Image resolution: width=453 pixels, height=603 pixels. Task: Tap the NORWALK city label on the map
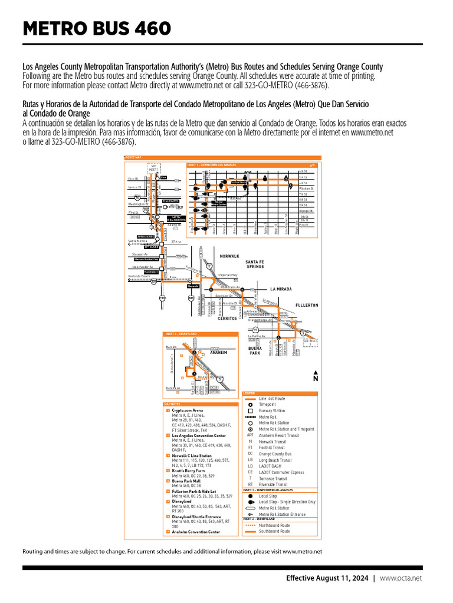[x=229, y=256]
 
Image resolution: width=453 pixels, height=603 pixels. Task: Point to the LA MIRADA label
[x=281, y=289]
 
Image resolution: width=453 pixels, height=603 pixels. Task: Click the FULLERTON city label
[x=307, y=306]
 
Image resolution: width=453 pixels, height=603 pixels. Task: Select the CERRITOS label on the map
[x=227, y=318]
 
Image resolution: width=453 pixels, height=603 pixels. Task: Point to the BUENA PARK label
[x=255, y=351]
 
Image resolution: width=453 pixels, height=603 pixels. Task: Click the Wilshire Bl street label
[x=307, y=188]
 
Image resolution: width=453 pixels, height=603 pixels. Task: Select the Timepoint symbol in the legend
[x=251, y=405]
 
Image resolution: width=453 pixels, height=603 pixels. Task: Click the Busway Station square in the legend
[x=251, y=411]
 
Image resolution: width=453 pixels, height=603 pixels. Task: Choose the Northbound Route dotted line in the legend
[x=251, y=525]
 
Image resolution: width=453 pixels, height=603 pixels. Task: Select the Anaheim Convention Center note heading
[x=196, y=532]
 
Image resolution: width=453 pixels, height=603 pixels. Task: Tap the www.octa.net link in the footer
[x=401, y=578]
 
